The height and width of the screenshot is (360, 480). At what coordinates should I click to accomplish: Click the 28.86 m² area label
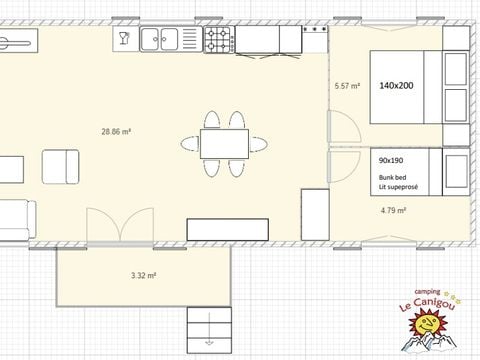point(116,132)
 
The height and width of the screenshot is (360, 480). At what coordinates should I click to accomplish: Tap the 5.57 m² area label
point(347,86)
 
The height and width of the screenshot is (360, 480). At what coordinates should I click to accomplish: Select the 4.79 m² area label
point(393,210)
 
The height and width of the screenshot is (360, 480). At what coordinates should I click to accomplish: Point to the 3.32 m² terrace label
point(144,275)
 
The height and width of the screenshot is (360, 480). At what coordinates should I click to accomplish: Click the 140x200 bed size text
point(396,86)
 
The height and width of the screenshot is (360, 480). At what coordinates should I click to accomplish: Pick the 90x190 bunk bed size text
point(391,160)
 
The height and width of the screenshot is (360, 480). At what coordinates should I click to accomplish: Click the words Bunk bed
point(392,177)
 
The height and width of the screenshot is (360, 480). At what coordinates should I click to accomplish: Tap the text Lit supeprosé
point(398,187)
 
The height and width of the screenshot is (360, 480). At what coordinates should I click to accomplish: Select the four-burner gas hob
point(219,40)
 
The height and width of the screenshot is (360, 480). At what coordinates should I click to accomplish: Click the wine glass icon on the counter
point(124,38)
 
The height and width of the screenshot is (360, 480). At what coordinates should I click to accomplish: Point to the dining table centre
point(224,144)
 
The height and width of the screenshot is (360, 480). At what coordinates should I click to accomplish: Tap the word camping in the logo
point(427,292)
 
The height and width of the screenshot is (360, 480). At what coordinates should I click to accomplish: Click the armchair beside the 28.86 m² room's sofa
point(60,167)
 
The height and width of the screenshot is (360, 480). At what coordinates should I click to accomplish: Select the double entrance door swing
point(120,224)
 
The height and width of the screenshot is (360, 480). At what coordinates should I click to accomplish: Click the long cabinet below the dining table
point(228,229)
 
